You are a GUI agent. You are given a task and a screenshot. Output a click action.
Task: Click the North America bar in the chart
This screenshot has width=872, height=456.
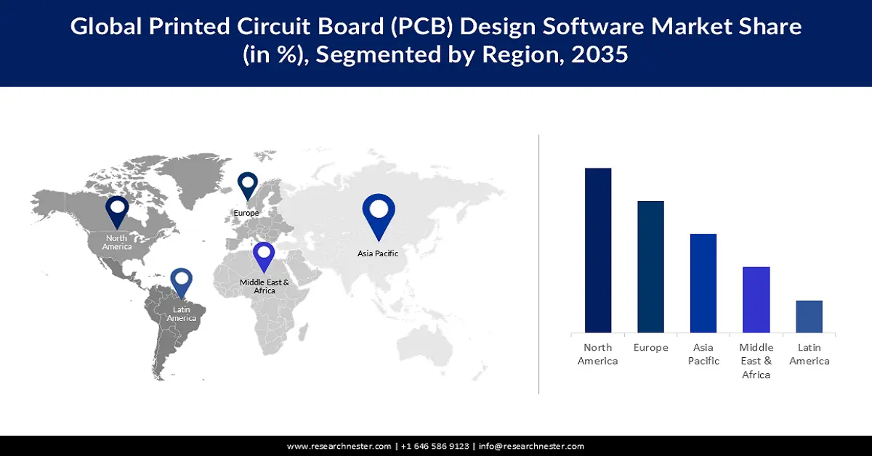pos(598,251)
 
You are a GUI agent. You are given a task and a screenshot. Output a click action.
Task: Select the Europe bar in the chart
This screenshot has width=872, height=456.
pos(650,267)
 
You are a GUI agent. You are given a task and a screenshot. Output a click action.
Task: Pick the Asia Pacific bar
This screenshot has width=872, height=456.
pos(703,283)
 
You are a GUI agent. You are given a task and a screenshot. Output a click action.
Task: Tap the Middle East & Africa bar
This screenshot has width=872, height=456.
pos(756,300)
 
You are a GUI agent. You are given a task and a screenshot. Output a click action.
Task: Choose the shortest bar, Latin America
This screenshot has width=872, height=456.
pos(809,317)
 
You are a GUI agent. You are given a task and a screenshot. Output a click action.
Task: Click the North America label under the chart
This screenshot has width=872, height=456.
pos(597,354)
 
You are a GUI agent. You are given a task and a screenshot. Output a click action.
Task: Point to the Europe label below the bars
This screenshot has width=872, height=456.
pos(650,348)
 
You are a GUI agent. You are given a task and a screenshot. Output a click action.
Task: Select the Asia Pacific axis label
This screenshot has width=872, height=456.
pos(703,354)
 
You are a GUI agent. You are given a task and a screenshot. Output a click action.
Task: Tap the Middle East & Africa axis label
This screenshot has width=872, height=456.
pos(756,361)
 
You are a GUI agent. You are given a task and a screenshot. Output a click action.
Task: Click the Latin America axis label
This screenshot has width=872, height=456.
pos(809,354)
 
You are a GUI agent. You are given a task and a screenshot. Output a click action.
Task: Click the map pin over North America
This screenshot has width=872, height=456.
pos(117,211)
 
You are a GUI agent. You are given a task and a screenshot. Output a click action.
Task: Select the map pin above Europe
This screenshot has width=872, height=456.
pos(248,185)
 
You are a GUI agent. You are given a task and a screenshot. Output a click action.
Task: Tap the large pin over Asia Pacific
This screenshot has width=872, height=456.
pos(379,214)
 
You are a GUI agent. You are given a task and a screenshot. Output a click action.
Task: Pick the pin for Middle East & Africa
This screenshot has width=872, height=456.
pos(264,257)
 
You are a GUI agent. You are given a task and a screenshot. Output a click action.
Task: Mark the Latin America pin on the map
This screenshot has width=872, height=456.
pos(181,285)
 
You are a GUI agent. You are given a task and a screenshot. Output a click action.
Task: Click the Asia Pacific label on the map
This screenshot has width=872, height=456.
pos(378,253)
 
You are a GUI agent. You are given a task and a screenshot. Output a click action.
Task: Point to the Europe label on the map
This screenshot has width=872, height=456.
pos(246,213)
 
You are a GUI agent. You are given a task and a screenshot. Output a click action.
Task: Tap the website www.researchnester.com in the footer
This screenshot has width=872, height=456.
pos(339,446)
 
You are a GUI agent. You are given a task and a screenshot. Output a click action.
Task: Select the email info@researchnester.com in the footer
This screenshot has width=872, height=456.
pos(531,446)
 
